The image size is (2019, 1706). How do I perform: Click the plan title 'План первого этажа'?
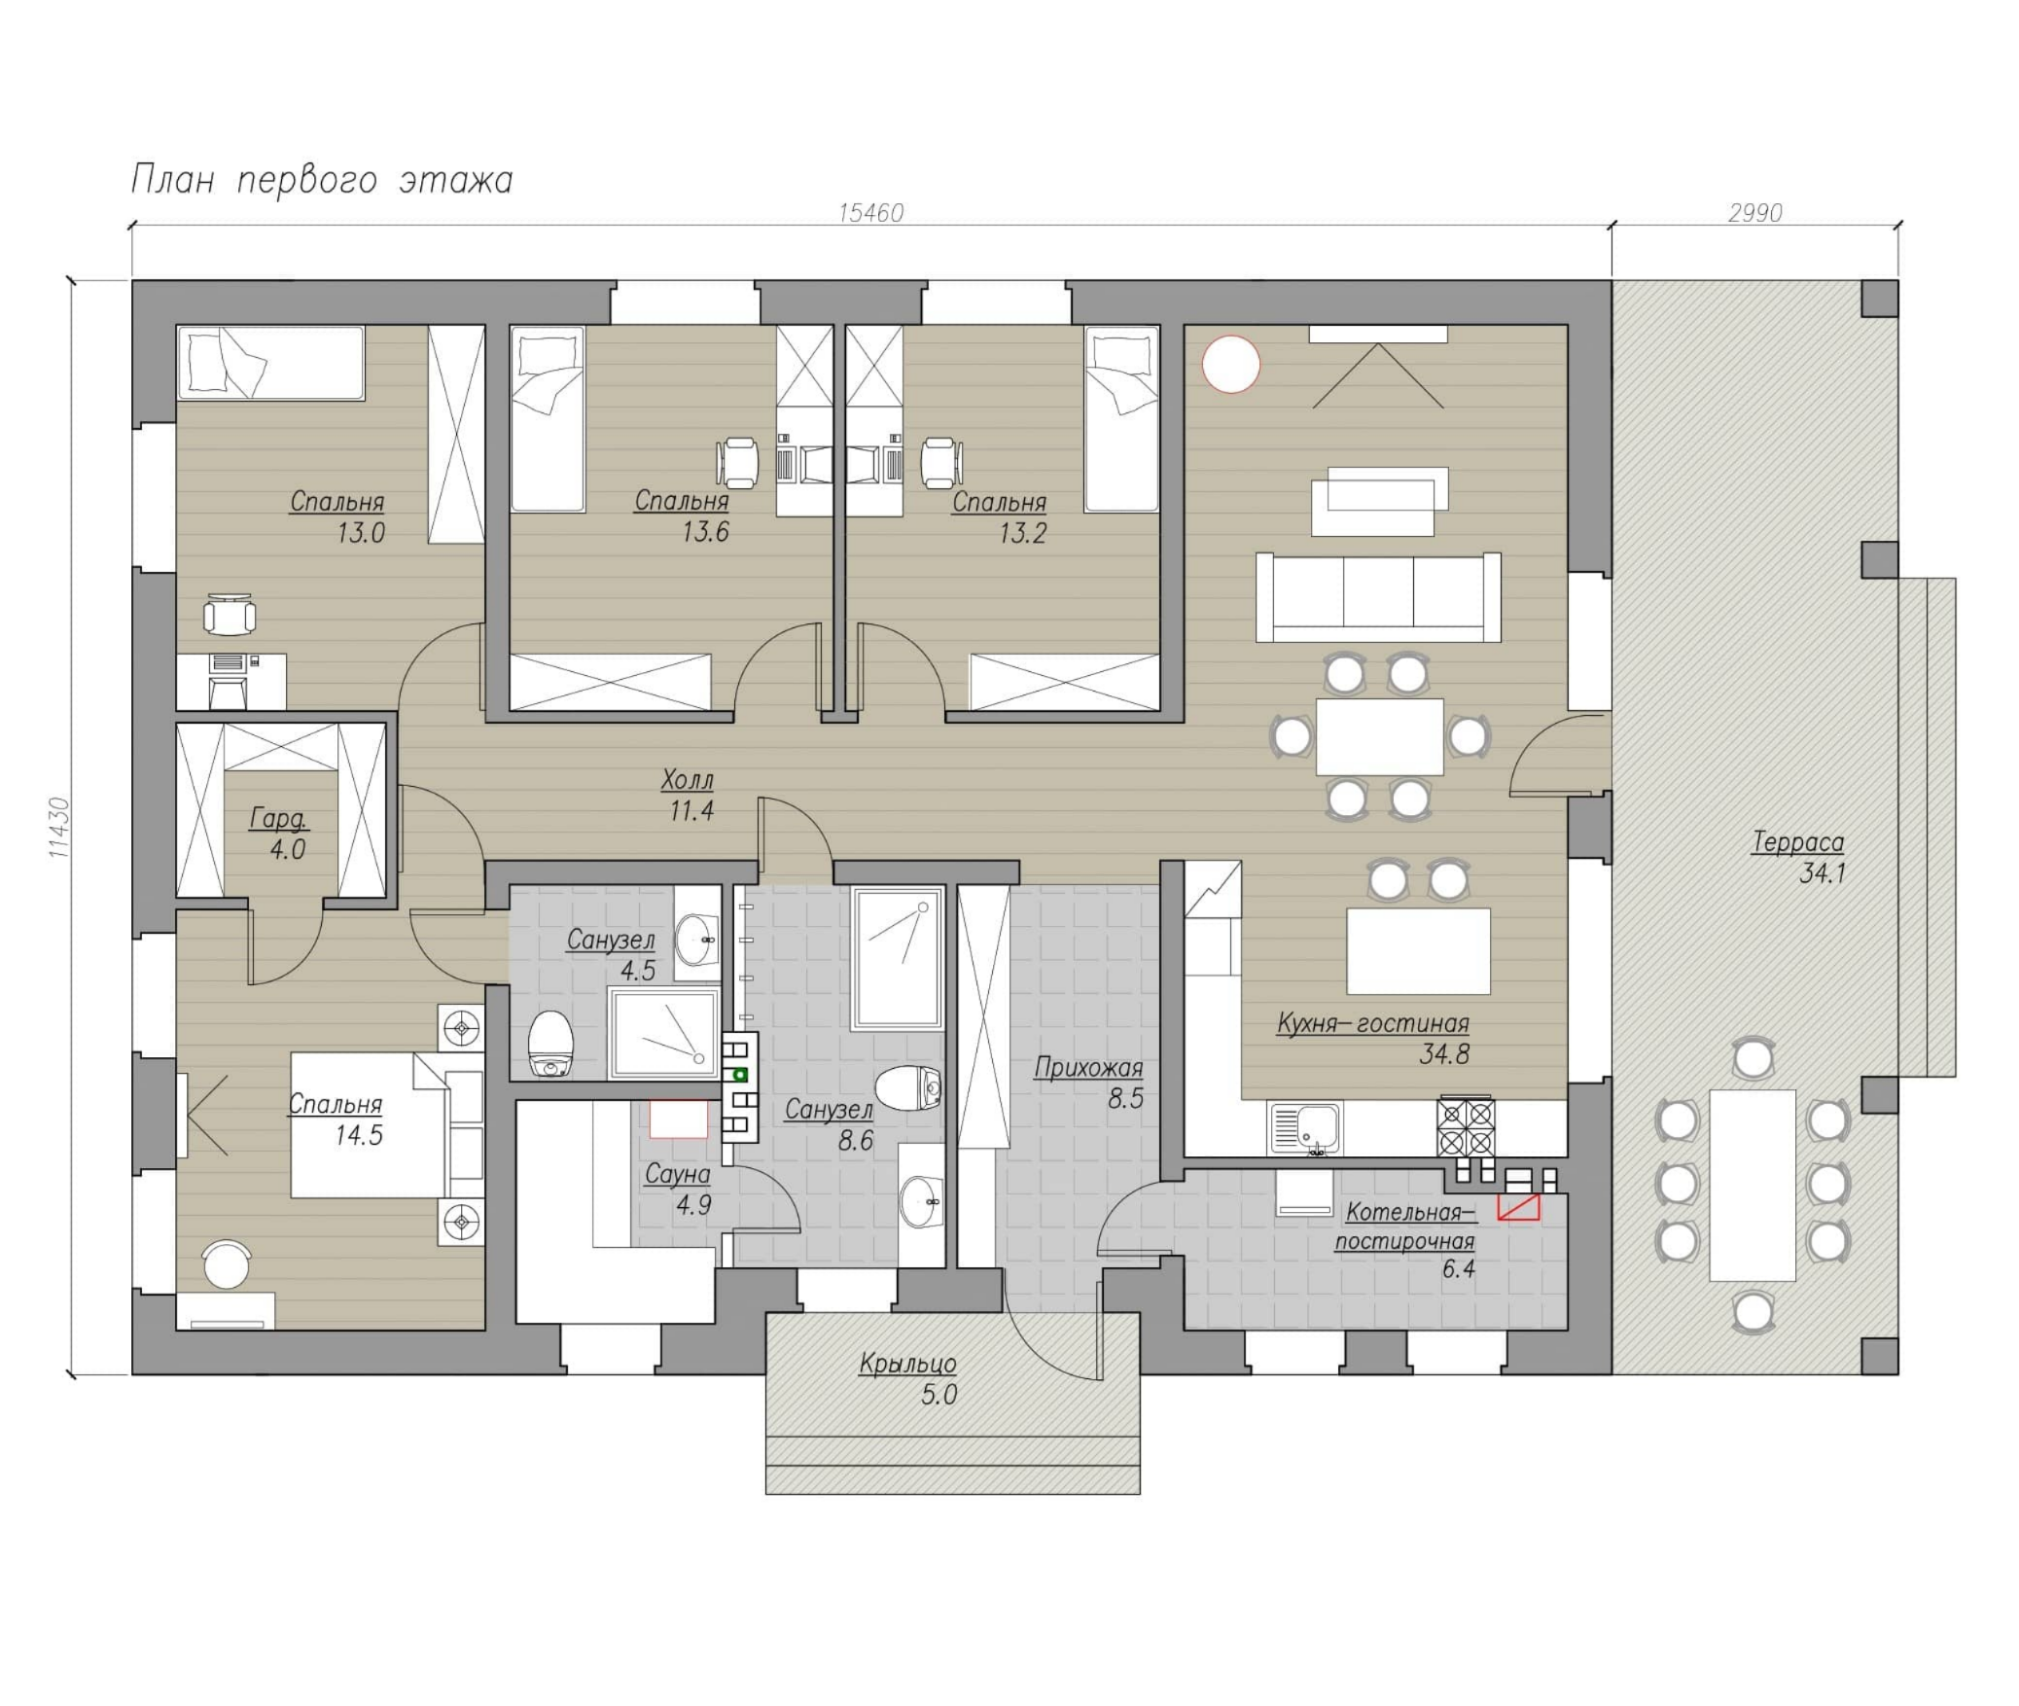point(322,181)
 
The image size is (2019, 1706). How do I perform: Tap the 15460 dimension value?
point(871,213)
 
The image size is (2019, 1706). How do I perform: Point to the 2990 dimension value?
point(1754,213)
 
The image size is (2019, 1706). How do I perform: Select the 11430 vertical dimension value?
point(59,828)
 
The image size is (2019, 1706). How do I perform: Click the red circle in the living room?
point(1231,364)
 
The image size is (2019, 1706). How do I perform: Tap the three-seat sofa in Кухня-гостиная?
point(1378,597)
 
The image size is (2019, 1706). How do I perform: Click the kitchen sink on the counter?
point(1304,1128)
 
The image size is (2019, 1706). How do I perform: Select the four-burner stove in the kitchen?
point(1467,1126)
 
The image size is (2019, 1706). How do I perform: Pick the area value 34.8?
point(1443,1053)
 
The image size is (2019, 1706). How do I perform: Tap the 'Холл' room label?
point(688,780)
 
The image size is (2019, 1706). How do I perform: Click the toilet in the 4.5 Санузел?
point(550,1044)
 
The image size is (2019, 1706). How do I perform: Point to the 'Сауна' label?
point(678,1175)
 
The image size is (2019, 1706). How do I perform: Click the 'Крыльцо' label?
point(908,1364)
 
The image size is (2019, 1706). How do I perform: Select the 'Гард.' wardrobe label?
point(278,819)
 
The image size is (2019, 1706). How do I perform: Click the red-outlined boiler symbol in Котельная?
point(1519,1207)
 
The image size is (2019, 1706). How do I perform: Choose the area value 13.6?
point(705,532)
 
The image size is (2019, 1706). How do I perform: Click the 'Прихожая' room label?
point(1088,1068)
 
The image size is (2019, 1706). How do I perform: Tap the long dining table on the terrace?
point(1753,1185)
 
